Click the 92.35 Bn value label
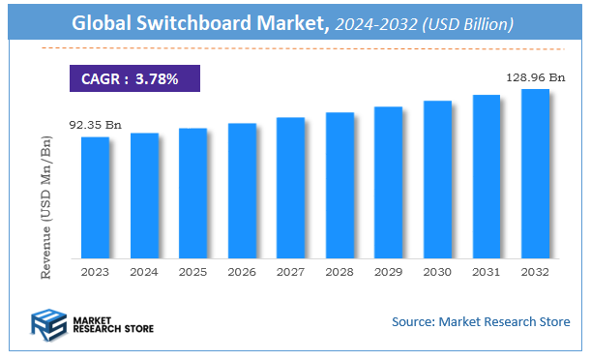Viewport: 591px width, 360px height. (94, 125)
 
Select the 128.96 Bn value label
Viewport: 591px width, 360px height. (535, 75)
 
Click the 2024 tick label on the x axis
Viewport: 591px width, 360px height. (144, 272)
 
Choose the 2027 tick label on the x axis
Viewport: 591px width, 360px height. (290, 272)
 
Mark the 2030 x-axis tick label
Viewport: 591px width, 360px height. (437, 272)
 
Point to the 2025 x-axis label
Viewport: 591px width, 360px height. (192, 272)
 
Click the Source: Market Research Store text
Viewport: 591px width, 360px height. (480, 321)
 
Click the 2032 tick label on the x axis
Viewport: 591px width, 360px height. (535, 272)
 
